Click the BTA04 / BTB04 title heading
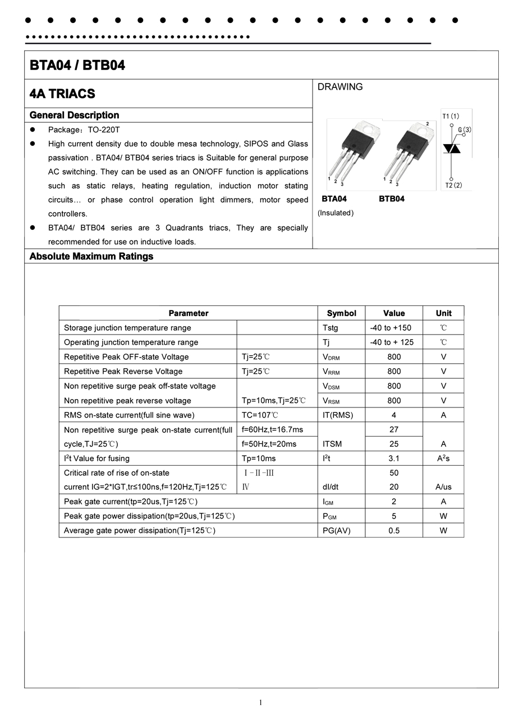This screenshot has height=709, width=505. tap(77, 66)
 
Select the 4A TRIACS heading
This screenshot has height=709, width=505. tap(62, 94)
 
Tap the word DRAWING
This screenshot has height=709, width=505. tap(340, 87)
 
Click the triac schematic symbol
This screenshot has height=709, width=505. tap(452, 149)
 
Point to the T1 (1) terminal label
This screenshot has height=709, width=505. tap(451, 116)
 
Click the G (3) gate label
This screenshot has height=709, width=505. tap(464, 130)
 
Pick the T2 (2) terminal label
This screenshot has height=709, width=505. tap(453, 185)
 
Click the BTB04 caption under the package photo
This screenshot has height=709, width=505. tap(392, 199)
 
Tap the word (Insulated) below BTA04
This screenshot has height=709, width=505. tap(336, 213)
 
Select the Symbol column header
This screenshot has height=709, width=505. tap(341, 313)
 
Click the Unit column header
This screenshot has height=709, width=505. tap(443, 313)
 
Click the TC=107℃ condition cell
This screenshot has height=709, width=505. tap(260, 415)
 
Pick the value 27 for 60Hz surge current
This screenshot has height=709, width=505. tap(394, 429)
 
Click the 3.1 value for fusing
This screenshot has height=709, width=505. tap(394, 458)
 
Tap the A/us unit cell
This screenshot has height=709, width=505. tap(443, 487)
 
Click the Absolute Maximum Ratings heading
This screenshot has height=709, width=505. tap(91, 256)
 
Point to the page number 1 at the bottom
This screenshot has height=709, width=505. tap(260, 702)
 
